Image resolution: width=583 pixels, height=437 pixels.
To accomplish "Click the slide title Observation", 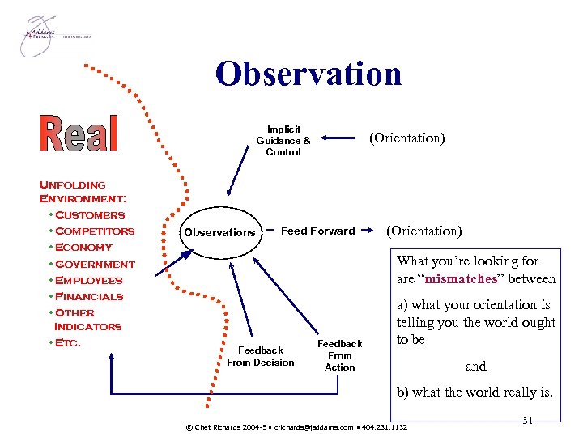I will (309, 74).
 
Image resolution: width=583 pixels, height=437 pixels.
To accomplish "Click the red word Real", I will (79, 134).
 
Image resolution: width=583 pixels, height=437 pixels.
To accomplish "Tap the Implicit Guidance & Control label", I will (283, 140).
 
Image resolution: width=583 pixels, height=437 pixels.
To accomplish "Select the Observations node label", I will (219, 232).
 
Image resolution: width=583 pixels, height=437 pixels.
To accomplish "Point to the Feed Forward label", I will (317, 231).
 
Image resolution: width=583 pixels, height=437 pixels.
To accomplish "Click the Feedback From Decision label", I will (261, 356).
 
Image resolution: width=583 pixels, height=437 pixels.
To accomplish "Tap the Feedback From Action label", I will (340, 355).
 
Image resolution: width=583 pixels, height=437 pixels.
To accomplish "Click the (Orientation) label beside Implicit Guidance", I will (406, 138).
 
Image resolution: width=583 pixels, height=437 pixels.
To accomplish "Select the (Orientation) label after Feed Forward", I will (424, 231).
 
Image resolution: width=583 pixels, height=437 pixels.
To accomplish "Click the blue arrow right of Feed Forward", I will (369, 231).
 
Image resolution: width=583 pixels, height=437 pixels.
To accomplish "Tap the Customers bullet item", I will (90, 214).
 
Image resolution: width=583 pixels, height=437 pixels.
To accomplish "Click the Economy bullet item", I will (83, 247).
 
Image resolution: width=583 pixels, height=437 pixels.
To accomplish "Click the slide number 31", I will (527, 419).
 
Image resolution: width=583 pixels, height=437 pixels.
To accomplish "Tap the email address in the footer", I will (319, 426).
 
